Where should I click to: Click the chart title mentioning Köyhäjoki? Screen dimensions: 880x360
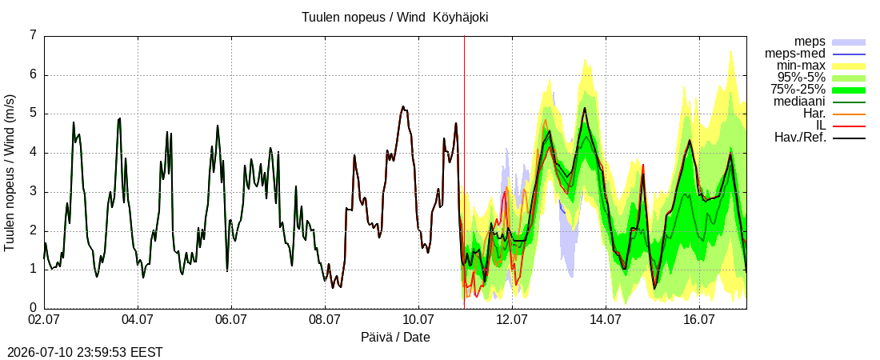click(x=395, y=17)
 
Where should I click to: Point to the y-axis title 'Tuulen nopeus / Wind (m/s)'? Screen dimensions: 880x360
click(x=10, y=171)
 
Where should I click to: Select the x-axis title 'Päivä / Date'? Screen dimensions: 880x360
click(x=396, y=337)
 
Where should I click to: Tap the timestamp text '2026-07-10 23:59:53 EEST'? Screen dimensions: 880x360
click(x=82, y=353)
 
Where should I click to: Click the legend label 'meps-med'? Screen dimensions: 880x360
click(x=795, y=54)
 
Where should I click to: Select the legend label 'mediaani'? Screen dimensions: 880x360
click(x=800, y=102)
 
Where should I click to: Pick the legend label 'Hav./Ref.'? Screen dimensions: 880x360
click(x=800, y=138)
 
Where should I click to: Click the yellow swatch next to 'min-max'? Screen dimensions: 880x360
click(x=849, y=66)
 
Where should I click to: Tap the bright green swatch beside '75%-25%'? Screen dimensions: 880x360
click(x=849, y=90)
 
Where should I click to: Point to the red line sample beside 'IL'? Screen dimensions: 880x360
click(x=849, y=126)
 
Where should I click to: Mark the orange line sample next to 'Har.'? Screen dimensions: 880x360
click(x=849, y=114)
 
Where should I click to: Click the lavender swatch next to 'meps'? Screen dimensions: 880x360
click(x=849, y=42)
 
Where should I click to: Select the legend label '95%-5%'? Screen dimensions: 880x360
click(x=802, y=78)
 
